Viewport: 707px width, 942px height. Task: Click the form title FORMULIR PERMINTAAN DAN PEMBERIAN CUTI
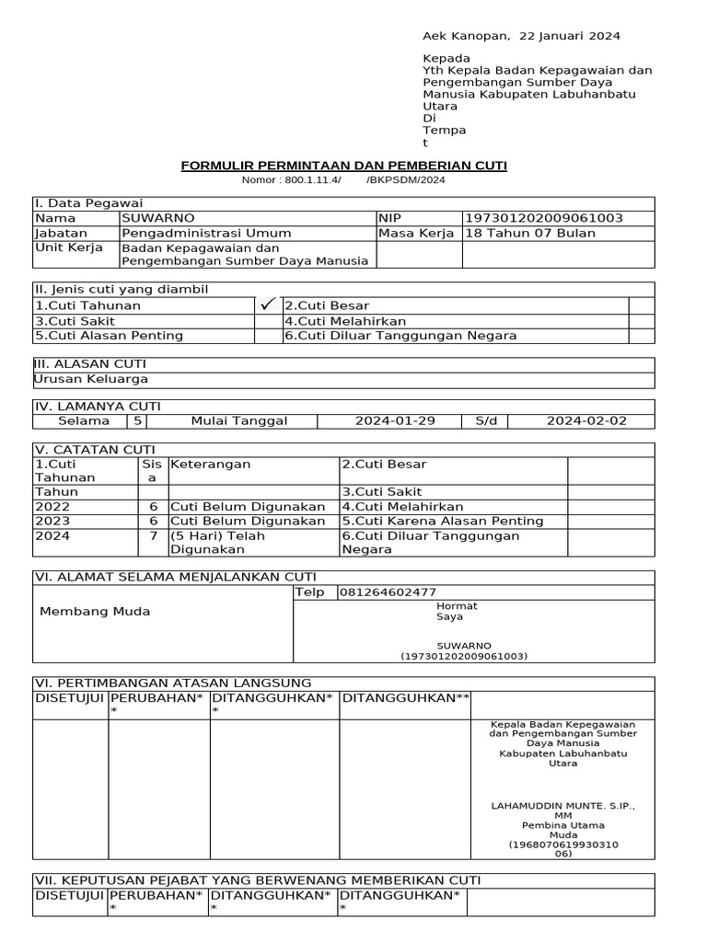click(x=343, y=166)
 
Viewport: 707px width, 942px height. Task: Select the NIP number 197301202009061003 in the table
click(x=544, y=218)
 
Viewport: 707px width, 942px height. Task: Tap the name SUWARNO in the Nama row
click(x=158, y=218)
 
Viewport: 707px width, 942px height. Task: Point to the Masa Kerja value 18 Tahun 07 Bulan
click(x=530, y=233)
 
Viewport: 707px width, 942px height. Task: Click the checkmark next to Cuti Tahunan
click(x=268, y=304)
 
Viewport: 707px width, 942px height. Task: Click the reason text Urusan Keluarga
click(x=90, y=379)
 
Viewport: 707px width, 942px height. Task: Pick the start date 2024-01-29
click(x=395, y=420)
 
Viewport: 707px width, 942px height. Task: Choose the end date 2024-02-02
click(x=585, y=420)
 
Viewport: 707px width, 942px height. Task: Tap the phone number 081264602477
click(x=388, y=592)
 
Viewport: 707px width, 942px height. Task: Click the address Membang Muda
click(x=95, y=612)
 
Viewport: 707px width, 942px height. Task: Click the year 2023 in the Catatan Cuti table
click(x=52, y=521)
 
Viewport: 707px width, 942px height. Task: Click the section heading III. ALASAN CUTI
click(x=89, y=364)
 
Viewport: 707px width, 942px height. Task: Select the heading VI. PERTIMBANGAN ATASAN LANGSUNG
click(x=172, y=683)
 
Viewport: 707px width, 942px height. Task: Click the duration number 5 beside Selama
click(x=137, y=420)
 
